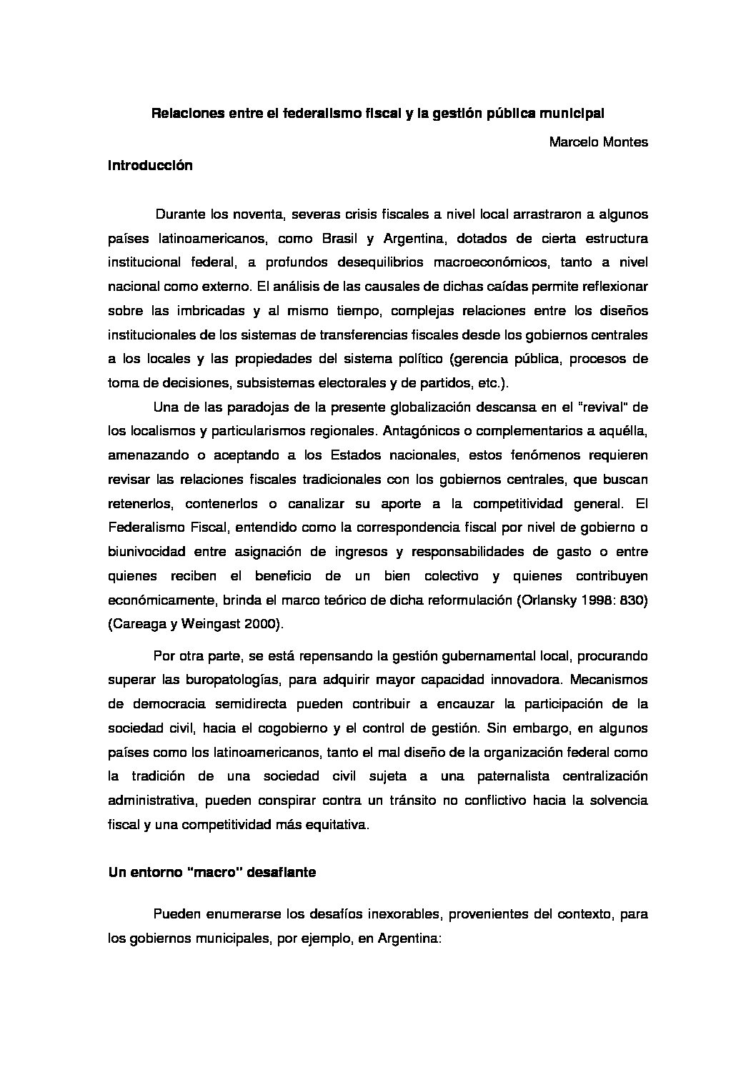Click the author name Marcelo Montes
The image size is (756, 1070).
pyautogui.click(x=598, y=142)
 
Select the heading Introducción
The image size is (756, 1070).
pyautogui.click(x=150, y=166)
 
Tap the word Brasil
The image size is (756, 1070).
pyautogui.click(x=342, y=238)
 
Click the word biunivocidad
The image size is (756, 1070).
pyautogui.click(x=147, y=552)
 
